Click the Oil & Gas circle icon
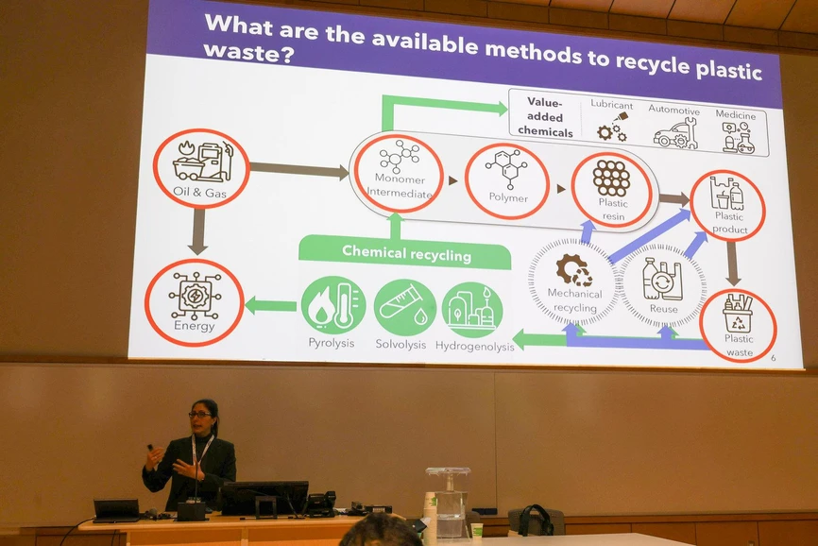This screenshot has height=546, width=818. [x=201, y=168]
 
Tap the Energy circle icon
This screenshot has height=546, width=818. [x=195, y=302]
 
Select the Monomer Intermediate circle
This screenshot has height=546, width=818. [x=398, y=173]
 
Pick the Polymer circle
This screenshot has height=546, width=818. [x=507, y=179]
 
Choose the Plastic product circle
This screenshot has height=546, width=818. [x=727, y=204]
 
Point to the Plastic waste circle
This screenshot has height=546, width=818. [x=738, y=325]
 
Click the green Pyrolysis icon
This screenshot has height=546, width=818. [x=332, y=307]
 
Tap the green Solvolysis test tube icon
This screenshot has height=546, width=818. [x=404, y=307]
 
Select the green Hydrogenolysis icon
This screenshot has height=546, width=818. [x=472, y=310]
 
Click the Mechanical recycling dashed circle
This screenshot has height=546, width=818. [x=572, y=281]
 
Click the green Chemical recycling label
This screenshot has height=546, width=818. [x=406, y=252]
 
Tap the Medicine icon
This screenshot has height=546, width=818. [x=737, y=137]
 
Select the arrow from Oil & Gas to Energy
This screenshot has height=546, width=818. [x=197, y=230]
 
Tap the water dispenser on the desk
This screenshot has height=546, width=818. [x=448, y=500]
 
